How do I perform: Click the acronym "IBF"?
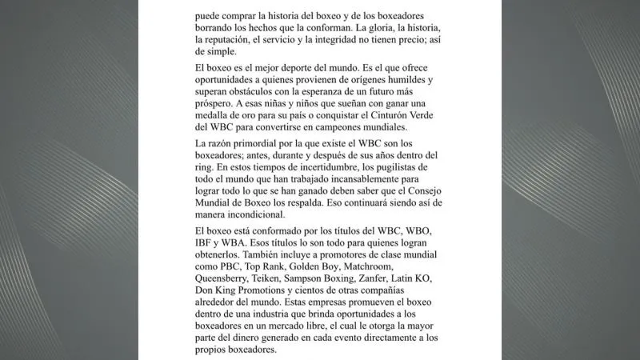coord(206,242)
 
